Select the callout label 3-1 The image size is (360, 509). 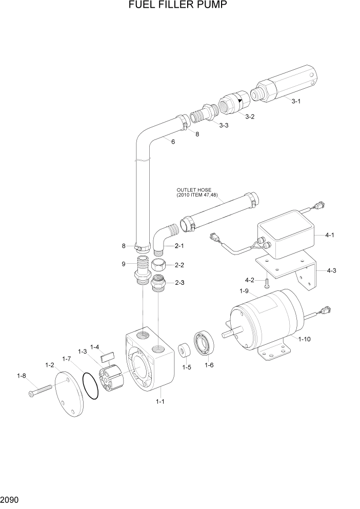pyautogui.click(x=296, y=101)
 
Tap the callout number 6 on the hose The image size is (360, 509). pyautogui.click(x=173, y=142)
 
